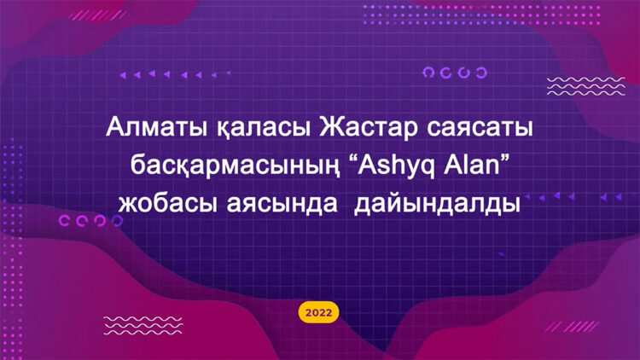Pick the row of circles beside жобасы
(x=84, y=221)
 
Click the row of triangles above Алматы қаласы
(x=175, y=74)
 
